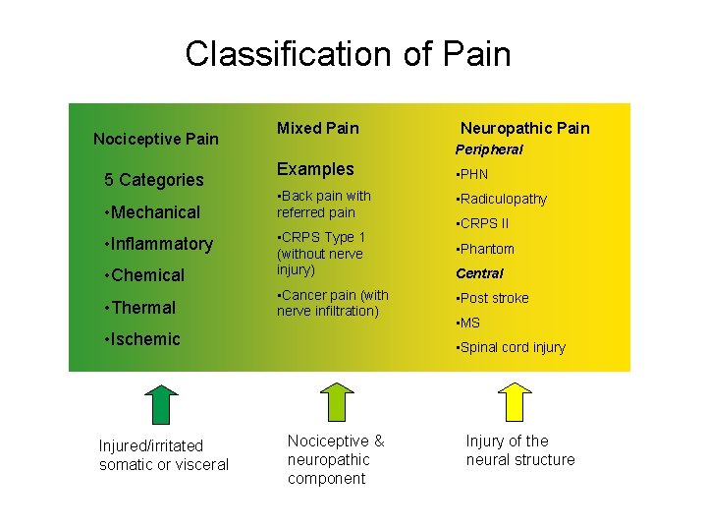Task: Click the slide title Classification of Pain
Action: [x=348, y=53]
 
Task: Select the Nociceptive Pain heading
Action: [x=155, y=139]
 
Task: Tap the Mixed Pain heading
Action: [x=317, y=128]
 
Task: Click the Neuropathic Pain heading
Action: [x=524, y=128]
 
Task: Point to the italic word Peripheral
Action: [x=488, y=149]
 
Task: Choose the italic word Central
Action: [x=479, y=273]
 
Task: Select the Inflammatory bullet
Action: [x=158, y=244]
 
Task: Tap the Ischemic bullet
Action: [x=142, y=339]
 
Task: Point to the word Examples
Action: [x=315, y=169]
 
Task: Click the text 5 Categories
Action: [x=154, y=180]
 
